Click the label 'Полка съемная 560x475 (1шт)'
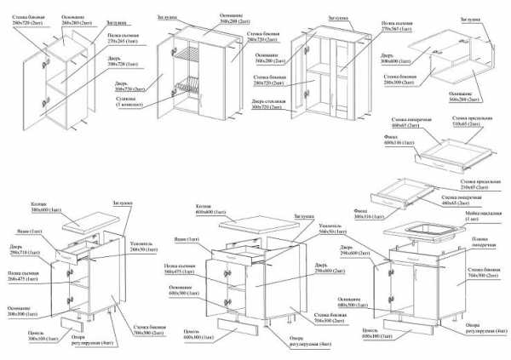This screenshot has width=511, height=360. tap(183, 271)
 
